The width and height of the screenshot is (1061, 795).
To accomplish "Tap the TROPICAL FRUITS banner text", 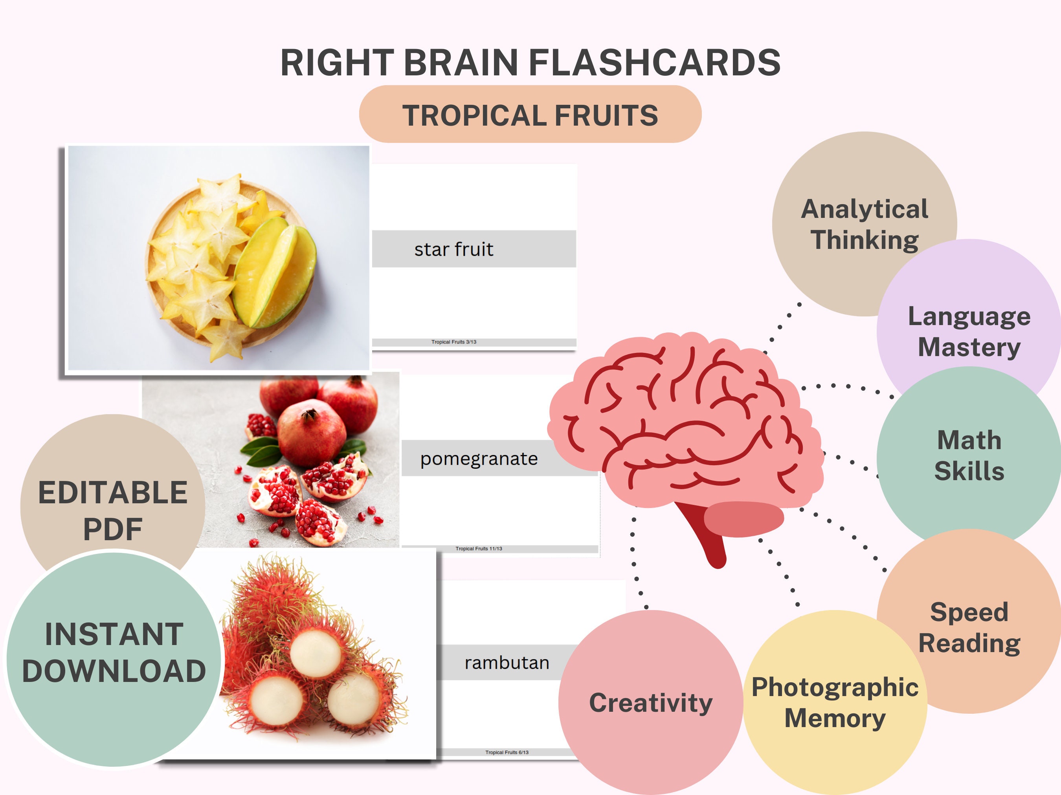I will tap(530, 115).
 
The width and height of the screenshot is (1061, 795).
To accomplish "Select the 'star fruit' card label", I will tap(454, 249).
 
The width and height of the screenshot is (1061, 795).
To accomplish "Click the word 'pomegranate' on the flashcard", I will tap(479, 459).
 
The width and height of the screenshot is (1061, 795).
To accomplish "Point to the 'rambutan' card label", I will tap(507, 663).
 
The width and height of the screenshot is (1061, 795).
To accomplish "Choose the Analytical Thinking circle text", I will tap(865, 224).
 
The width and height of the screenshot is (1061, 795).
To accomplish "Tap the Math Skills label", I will tap(969, 455).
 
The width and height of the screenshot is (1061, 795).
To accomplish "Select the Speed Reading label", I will tap(969, 627).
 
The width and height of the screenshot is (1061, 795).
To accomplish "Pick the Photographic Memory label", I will tap(835, 702).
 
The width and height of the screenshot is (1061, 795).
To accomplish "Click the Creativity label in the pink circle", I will tap(650, 703).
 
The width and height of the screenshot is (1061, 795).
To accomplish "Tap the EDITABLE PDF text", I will tap(113, 510).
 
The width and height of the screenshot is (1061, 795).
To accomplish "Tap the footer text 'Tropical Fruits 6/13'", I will tap(507, 752).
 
